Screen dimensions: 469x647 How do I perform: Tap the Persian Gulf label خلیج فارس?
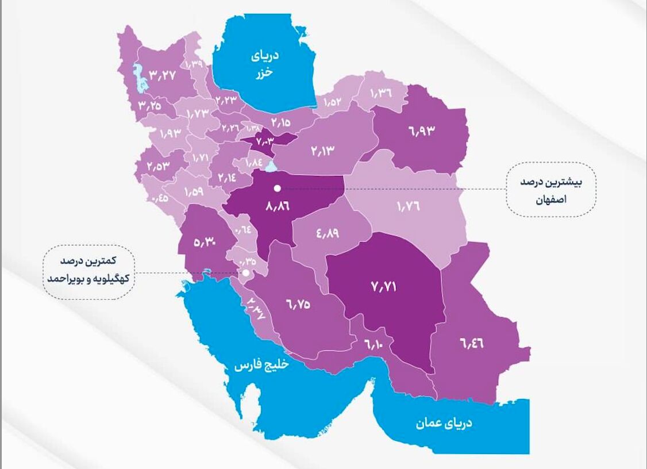261,366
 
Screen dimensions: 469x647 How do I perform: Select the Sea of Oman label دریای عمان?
444,424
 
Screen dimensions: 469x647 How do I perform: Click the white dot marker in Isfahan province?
277,188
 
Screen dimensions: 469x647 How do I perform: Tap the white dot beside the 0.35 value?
245,274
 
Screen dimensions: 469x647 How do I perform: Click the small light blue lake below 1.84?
270,168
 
